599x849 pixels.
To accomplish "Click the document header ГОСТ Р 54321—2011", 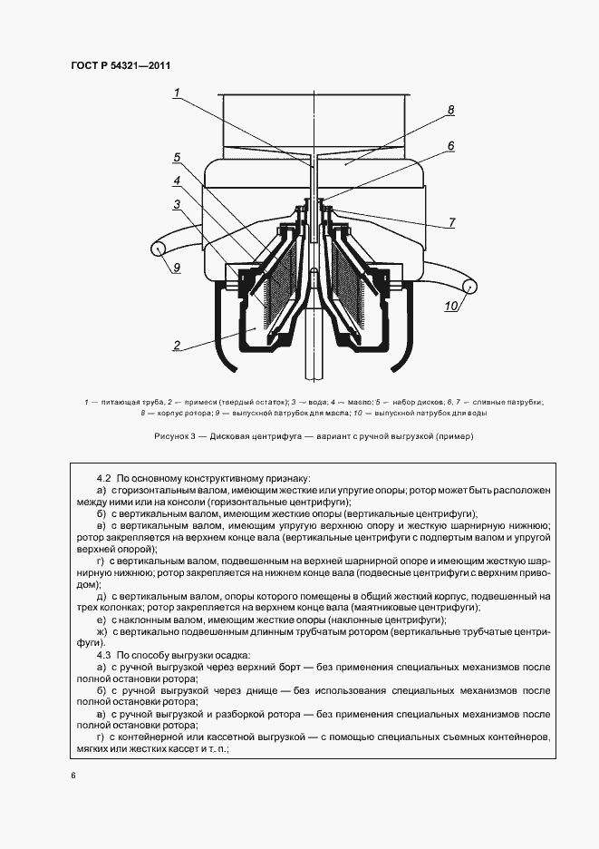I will [121, 66].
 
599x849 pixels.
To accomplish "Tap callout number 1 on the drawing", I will [178, 91].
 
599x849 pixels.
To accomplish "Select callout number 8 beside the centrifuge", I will [449, 111].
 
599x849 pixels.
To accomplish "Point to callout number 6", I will [450, 145].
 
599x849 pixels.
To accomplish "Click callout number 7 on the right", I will [450, 222].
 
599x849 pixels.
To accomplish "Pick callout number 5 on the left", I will [178, 158].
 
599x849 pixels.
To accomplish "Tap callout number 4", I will [178, 181].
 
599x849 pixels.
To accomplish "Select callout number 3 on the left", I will [178, 204].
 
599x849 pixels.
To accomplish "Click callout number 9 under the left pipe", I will [178, 267].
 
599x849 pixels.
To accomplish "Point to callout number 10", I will [450, 306].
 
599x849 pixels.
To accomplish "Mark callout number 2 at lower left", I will [178, 345].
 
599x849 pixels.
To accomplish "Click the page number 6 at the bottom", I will [72, 776].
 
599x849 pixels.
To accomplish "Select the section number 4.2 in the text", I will [102, 477].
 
